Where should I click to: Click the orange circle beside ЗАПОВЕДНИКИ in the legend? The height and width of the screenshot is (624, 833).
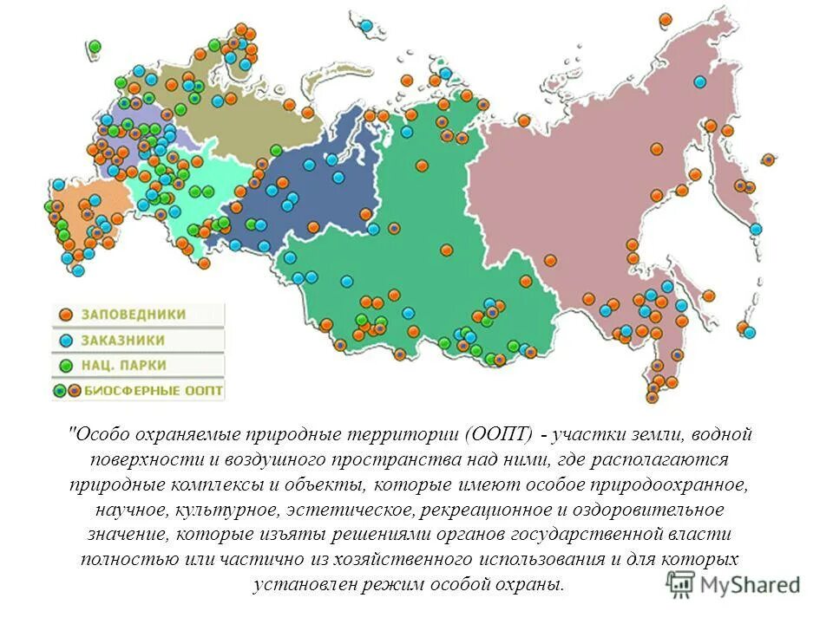[65, 314]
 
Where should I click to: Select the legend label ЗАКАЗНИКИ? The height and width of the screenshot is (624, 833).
[123, 340]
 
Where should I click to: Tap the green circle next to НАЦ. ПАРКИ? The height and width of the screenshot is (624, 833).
[65, 366]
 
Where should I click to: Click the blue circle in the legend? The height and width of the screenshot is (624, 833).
[65, 340]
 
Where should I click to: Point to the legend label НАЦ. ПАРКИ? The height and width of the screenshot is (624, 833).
[124, 366]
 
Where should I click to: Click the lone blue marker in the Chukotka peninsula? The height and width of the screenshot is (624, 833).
[700, 81]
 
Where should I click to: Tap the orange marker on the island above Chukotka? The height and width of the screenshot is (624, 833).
[666, 19]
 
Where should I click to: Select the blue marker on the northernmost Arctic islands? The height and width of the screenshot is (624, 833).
[367, 25]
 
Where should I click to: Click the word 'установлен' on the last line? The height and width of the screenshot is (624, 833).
[296, 583]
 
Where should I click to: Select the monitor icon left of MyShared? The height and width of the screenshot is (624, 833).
[681, 583]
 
